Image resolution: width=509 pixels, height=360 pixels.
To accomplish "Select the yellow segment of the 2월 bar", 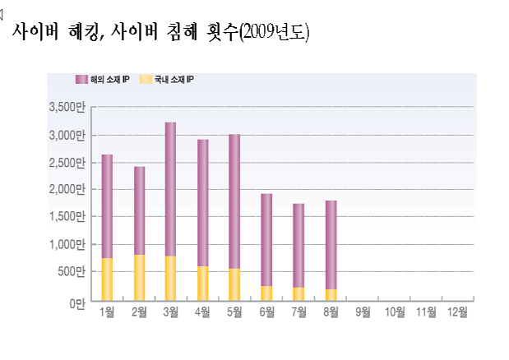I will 139,278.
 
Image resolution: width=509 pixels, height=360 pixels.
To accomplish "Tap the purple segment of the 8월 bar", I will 331,245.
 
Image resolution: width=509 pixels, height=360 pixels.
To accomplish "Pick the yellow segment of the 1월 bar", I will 107,279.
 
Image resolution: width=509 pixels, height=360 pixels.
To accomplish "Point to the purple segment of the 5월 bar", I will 234,201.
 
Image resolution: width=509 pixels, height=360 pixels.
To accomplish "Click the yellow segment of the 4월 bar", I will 202,284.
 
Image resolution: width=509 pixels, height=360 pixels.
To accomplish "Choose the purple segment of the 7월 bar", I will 298,246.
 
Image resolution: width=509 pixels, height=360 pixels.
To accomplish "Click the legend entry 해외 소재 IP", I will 103,80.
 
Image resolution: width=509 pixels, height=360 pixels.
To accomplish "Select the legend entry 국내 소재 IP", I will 168,80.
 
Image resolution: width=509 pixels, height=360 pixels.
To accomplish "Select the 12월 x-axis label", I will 457,312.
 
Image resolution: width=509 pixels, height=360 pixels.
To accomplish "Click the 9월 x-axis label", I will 363,312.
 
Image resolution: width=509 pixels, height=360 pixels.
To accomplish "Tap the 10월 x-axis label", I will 394,312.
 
